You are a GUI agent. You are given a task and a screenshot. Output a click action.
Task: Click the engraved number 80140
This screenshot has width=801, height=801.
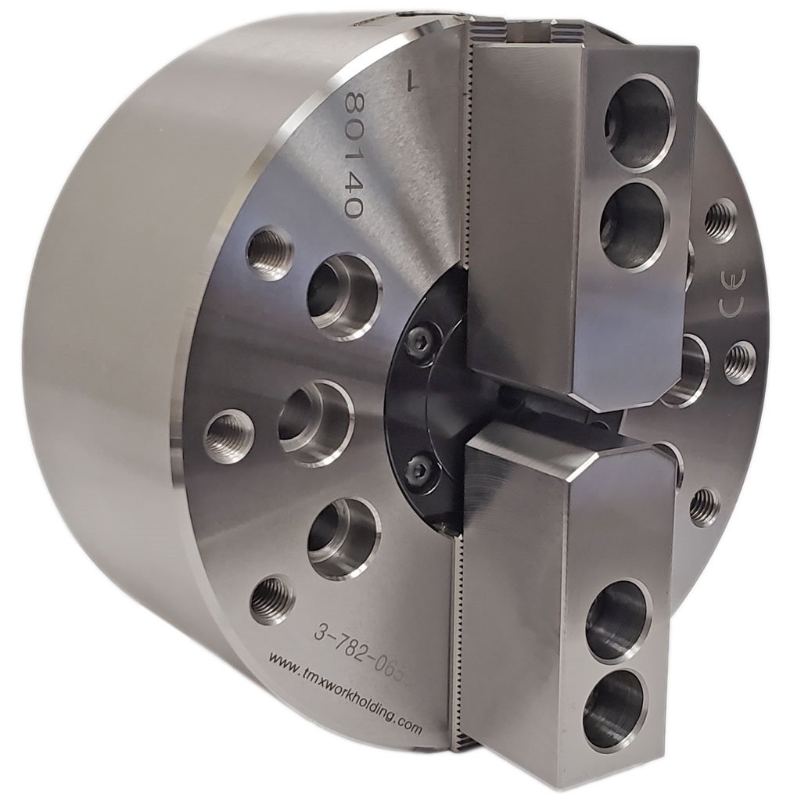point(354,156)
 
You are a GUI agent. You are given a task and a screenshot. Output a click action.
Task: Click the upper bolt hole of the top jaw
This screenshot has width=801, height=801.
point(639,121)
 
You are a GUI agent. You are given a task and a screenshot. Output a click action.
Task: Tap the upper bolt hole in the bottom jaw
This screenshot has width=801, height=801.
point(618,619)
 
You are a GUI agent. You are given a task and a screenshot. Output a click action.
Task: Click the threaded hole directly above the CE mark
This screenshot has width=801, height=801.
point(720,221)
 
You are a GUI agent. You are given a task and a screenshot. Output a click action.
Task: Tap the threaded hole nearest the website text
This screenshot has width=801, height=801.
point(272,600)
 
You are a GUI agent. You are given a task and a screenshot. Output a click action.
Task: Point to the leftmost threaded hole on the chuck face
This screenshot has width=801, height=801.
point(229,436)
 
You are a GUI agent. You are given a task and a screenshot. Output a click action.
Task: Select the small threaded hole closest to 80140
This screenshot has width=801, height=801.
point(269,253)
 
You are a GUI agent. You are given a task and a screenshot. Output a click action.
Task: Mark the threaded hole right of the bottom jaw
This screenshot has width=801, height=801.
point(704,506)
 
